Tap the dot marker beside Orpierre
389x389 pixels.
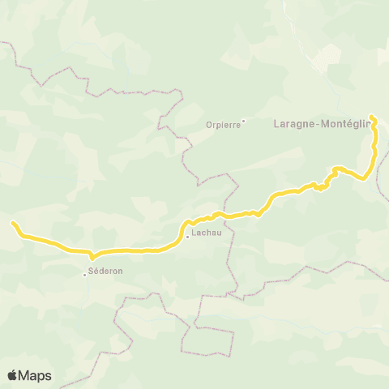tap(243, 122)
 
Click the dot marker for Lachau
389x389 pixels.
tap(187, 237)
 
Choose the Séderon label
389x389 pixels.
tap(105, 271)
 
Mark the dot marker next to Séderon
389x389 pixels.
tap(84, 274)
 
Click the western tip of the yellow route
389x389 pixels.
tap(13, 222)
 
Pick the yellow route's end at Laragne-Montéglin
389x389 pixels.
tap(372, 118)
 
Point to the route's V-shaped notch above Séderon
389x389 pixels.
tap(92, 259)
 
